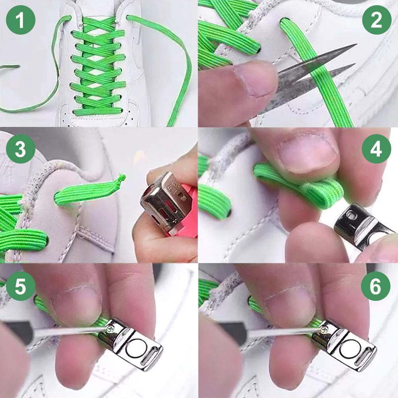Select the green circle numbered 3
point(21,150)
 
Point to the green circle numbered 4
point(377,150)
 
